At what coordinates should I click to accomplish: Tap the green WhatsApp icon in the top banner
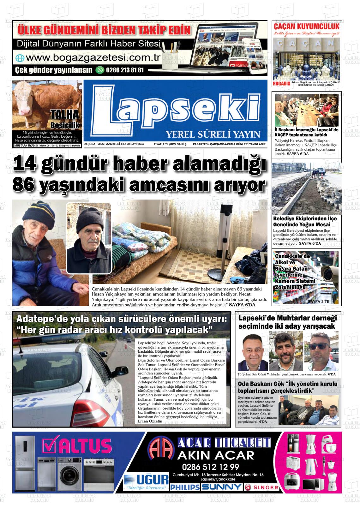click(100, 70)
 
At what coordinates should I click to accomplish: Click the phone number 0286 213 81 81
click(125, 70)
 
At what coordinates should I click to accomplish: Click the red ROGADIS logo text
click(281, 84)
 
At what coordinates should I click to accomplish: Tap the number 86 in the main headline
click(24, 185)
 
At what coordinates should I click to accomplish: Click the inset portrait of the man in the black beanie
click(89, 237)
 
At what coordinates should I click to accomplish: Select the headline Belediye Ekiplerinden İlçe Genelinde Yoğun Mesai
click(305, 221)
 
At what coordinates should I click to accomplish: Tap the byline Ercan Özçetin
click(150, 421)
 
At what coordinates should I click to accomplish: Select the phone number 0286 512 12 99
click(210, 467)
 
